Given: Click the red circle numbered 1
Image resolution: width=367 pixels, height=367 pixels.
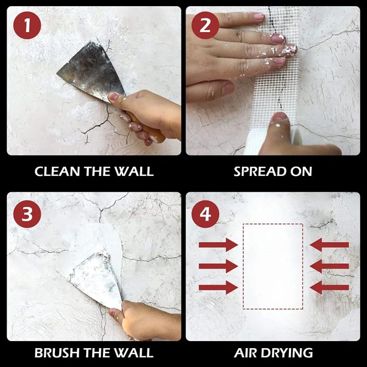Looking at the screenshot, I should [25, 24].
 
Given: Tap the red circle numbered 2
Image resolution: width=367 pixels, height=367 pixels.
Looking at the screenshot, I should [205, 24].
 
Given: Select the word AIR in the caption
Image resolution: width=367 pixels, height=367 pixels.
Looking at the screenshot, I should [246, 352].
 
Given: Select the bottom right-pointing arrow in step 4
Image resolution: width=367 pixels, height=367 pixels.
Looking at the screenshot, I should [218, 287].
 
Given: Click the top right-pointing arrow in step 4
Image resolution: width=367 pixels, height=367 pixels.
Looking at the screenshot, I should [218, 245].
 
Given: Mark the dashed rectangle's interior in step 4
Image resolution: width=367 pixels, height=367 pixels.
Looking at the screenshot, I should [273, 266].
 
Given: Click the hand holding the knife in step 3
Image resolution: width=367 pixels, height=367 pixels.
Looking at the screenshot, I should [148, 319].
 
